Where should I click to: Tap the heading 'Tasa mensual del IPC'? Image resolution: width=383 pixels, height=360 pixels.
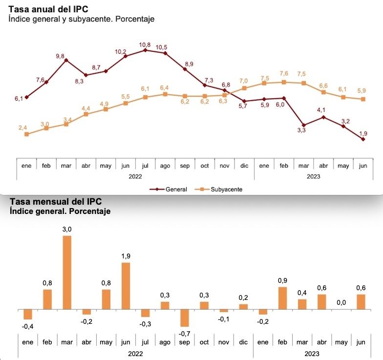(x=56, y=202)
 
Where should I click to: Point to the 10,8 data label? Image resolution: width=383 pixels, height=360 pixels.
(x=145, y=44)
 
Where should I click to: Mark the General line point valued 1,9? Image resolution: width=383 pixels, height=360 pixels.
(x=363, y=139)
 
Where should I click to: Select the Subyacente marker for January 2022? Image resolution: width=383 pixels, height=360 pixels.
(x=26, y=134)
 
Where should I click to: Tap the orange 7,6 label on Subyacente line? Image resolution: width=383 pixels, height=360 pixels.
(x=283, y=74)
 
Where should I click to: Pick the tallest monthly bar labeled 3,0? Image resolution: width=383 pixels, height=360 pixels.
(x=66, y=273)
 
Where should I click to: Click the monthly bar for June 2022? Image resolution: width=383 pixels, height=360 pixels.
(x=126, y=286)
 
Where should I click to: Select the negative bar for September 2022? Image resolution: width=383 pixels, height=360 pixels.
(x=184, y=318)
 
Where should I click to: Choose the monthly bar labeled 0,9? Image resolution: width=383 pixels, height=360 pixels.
(x=282, y=298)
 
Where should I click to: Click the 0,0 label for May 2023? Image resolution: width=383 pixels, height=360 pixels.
(x=341, y=303)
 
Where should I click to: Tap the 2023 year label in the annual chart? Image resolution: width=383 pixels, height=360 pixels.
(x=313, y=176)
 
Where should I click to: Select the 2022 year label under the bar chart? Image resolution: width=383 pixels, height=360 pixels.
(x=135, y=353)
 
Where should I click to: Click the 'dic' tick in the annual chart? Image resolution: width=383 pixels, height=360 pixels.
(x=244, y=166)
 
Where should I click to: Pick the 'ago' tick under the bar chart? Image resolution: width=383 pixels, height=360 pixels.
(x=165, y=342)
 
